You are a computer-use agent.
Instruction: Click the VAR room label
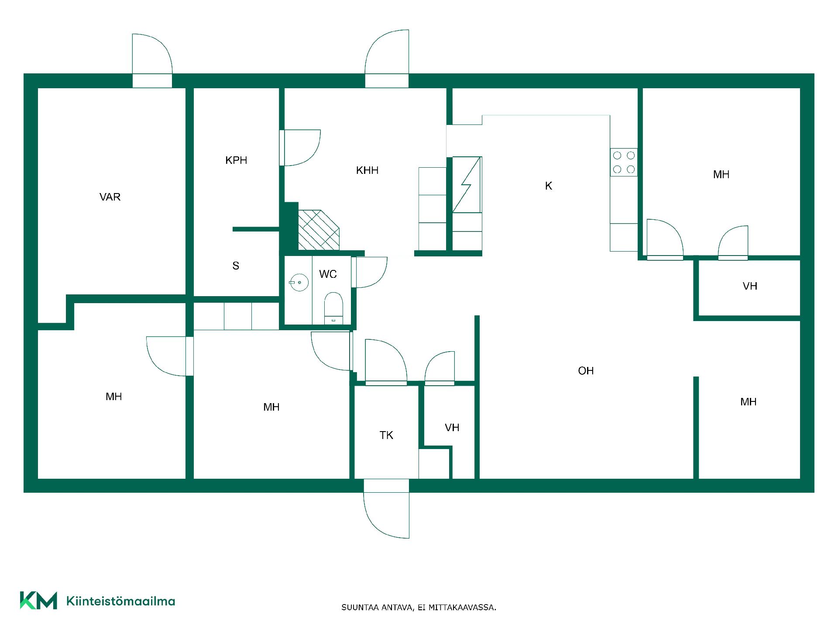(110, 197)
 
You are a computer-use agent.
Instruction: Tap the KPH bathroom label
(236, 160)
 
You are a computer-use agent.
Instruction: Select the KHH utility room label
(367, 170)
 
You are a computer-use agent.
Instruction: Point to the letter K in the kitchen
(549, 186)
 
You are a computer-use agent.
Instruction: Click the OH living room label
(586, 371)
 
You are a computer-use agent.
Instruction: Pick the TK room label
(386, 435)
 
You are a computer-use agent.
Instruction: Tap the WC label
(328, 274)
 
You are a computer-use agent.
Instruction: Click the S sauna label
(236, 266)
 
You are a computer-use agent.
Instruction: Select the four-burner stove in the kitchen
(624, 162)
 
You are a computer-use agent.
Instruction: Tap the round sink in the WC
(299, 283)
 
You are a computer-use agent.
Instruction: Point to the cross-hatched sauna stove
(319, 230)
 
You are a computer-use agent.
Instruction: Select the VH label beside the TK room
(452, 428)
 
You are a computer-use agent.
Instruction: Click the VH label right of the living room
(750, 286)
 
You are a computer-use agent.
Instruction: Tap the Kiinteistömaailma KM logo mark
(38, 600)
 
